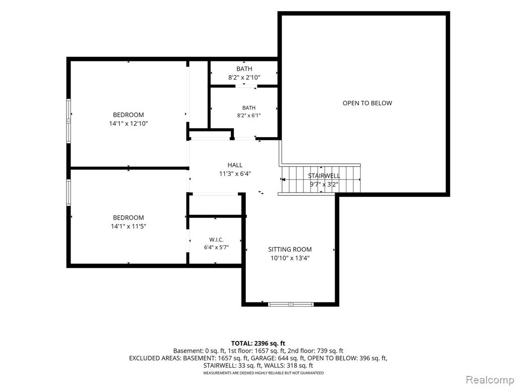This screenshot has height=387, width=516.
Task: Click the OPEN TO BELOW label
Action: (x=367, y=103)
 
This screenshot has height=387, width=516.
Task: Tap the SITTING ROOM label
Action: (x=290, y=249)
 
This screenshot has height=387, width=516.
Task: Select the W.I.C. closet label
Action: (x=216, y=240)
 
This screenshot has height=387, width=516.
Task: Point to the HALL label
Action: (x=235, y=165)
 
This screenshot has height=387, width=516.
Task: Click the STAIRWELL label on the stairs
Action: (x=324, y=176)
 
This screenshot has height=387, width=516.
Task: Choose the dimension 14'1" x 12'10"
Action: (x=128, y=123)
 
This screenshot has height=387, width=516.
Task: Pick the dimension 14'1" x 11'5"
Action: (x=128, y=226)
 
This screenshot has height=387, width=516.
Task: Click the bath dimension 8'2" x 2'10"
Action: (x=244, y=77)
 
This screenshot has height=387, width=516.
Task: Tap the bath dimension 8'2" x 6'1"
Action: (x=249, y=115)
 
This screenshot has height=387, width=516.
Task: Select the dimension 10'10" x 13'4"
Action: (x=290, y=258)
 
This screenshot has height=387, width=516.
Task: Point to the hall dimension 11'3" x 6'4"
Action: (x=235, y=173)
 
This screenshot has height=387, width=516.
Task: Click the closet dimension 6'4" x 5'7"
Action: (x=216, y=247)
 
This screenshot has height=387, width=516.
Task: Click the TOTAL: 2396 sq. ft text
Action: (x=258, y=344)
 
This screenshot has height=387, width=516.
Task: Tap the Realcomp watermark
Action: (x=489, y=380)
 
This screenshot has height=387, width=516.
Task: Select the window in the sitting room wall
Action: (x=291, y=304)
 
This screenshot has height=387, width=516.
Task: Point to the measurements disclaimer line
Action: (x=263, y=373)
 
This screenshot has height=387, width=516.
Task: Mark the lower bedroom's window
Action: (x=69, y=192)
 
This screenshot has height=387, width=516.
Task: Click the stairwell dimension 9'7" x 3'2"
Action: (x=324, y=184)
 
